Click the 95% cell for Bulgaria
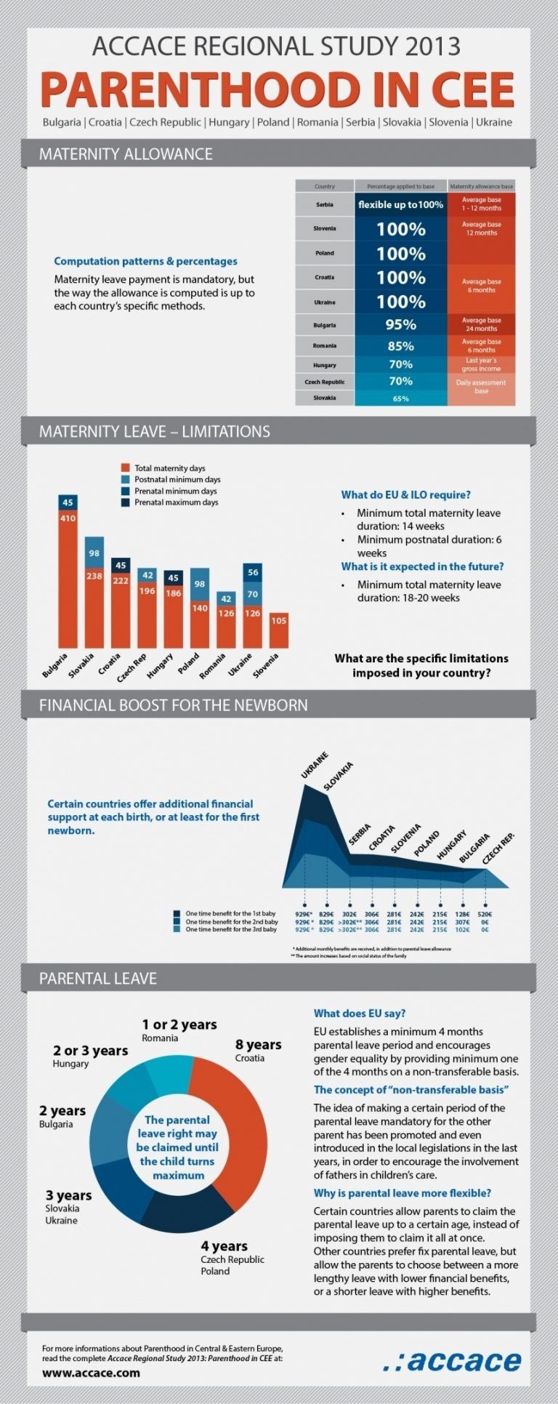click(x=400, y=324)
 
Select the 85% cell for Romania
click(x=400, y=346)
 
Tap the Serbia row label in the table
click(x=325, y=205)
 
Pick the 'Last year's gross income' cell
click(x=481, y=364)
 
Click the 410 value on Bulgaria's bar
click(x=68, y=518)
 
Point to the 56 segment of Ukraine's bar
click(x=253, y=572)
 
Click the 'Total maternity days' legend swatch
click(x=126, y=468)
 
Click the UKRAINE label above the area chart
click(x=315, y=766)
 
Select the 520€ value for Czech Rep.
click(x=485, y=914)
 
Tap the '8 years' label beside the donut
click(x=258, y=1045)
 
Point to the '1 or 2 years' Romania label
click(x=179, y=1025)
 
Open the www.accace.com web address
click(x=91, y=1373)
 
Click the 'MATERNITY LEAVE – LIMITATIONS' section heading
click(x=154, y=431)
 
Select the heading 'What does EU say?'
click(x=360, y=1013)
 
